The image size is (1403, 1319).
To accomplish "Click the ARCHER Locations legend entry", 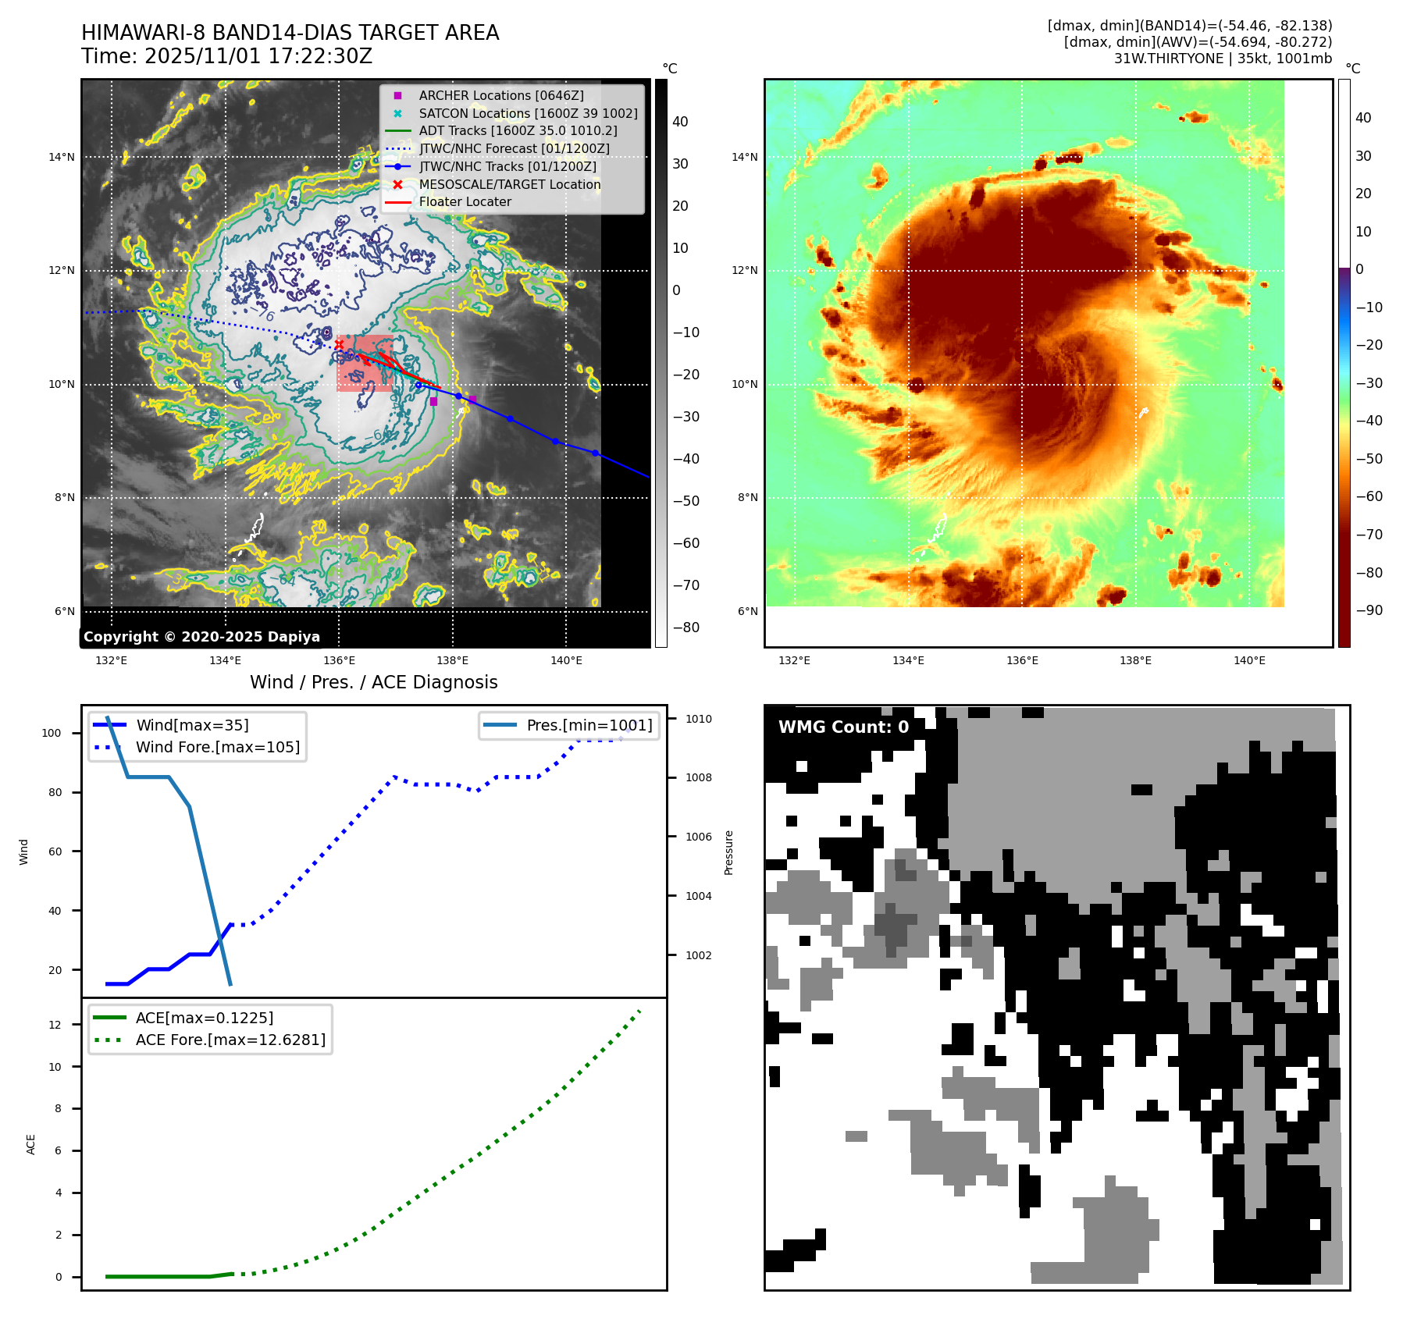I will pos(500,95).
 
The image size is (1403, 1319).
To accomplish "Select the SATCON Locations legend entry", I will pos(528,113).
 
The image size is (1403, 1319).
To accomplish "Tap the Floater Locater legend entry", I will pos(465,201).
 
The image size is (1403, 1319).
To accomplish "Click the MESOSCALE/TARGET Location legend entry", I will pos(509,184).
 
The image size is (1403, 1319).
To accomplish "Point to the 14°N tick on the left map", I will pos(62,157).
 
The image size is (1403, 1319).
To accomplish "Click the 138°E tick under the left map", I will pos(452,660).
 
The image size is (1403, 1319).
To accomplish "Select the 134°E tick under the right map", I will pos(908,660).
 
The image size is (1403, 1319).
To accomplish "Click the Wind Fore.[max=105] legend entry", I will pos(217,747).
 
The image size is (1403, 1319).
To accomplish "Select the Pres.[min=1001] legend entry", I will pos(589,725).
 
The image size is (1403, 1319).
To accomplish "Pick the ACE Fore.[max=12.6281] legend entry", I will pos(230,1040).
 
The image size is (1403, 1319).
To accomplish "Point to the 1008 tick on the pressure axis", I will pos(699,777).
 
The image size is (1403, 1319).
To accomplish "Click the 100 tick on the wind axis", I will pos(51,733).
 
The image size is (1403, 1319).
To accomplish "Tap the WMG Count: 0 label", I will pos(843,727).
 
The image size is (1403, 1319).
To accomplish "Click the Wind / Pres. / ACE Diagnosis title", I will pos(373,682).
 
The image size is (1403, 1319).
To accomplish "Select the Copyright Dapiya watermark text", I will pos(201,637).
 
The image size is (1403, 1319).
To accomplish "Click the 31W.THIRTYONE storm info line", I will pos(1223,59).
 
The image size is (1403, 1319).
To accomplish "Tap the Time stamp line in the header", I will pos(226,56).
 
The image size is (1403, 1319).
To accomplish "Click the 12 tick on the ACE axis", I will pos(55,1025).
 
